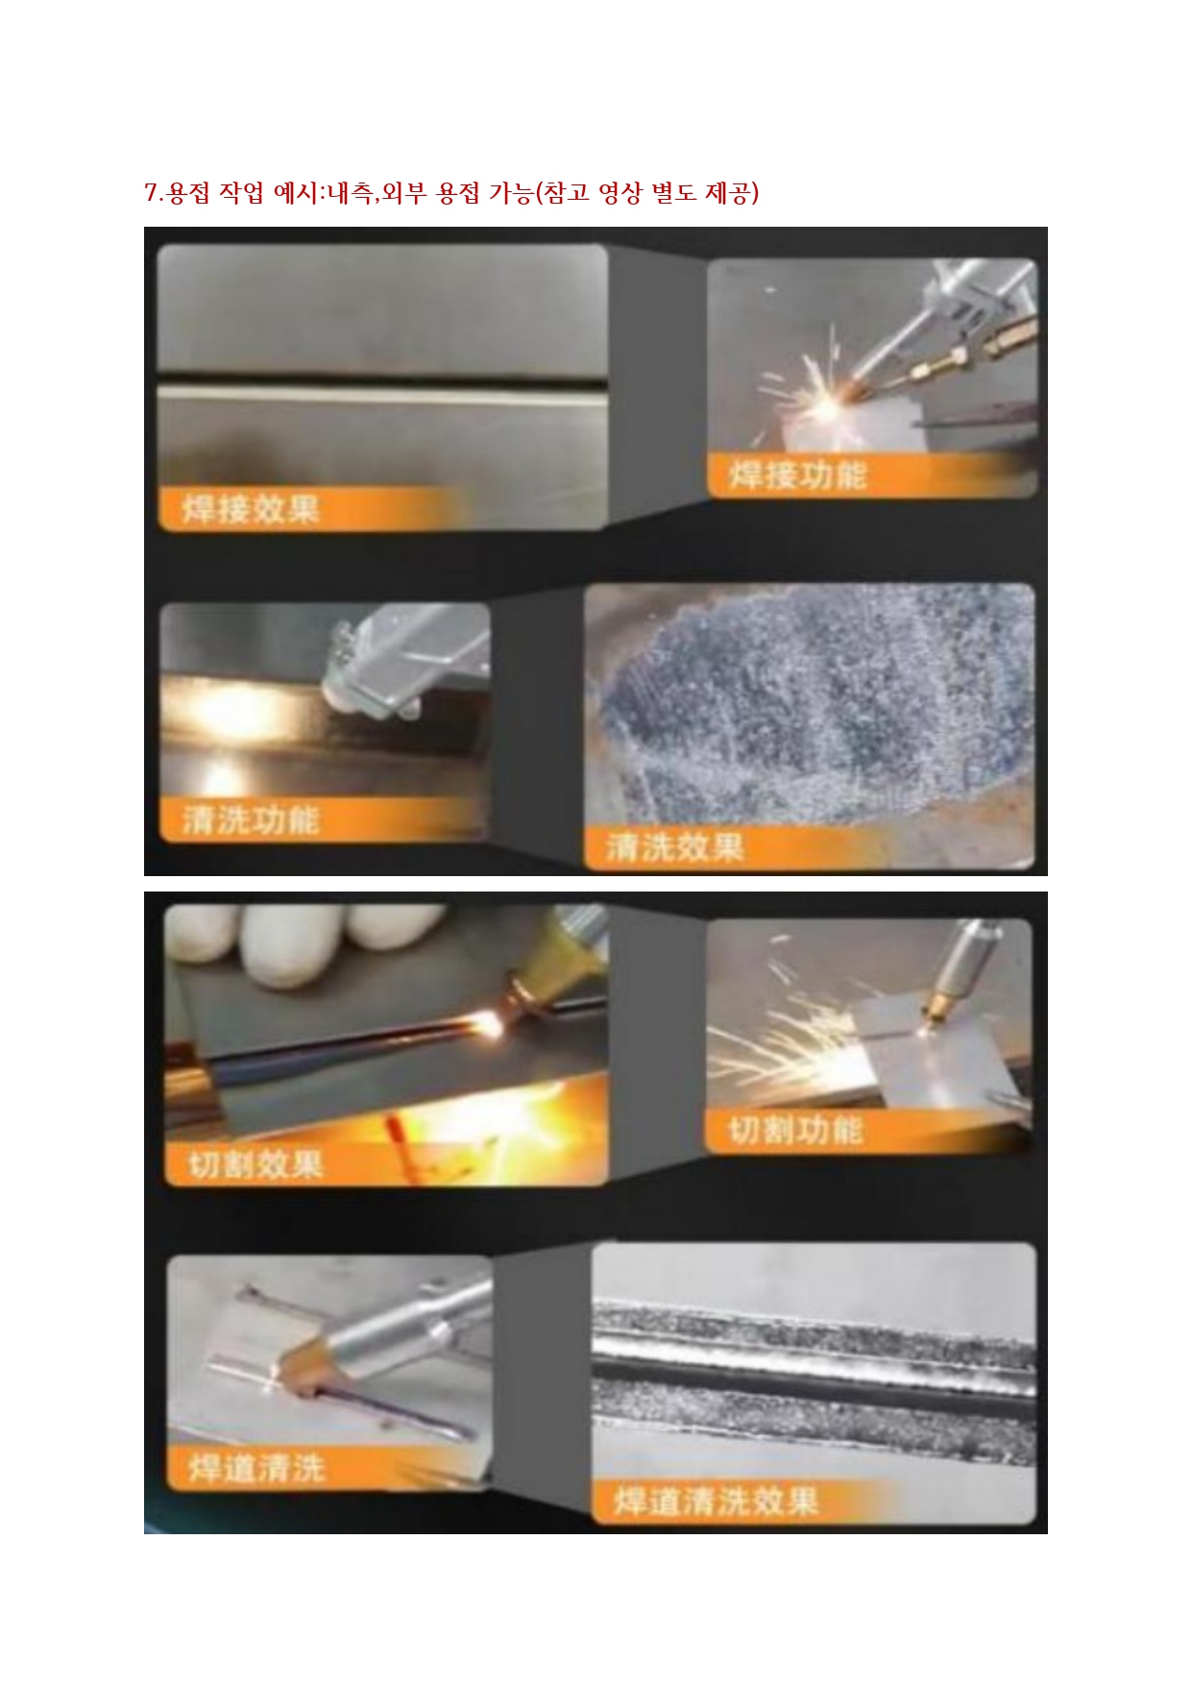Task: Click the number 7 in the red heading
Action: coord(151,193)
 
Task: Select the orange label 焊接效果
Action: coord(251,508)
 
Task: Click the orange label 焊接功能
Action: coord(798,475)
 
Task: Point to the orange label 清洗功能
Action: coord(251,820)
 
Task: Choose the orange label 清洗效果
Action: coord(675,847)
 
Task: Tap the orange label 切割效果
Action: coord(255,1164)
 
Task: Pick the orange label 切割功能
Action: coord(796,1130)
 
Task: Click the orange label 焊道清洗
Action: coord(257,1468)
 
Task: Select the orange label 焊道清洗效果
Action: coord(717,1501)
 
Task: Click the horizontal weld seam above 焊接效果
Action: coord(382,392)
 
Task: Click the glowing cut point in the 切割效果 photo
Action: coord(490,1026)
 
